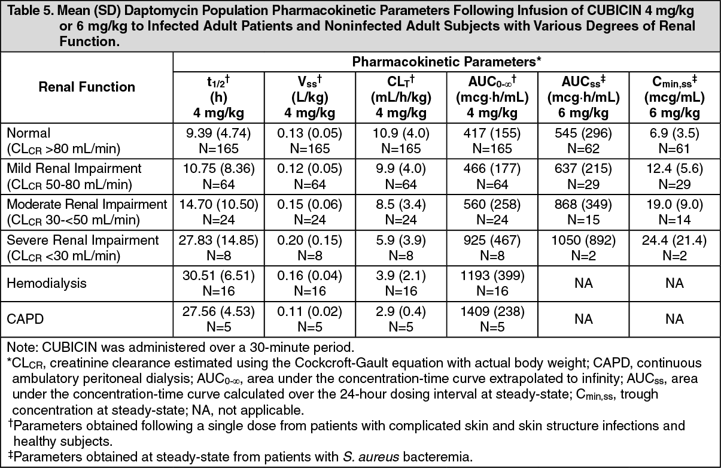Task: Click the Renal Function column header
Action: click(x=87, y=87)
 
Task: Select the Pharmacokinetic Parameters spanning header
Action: click(x=446, y=62)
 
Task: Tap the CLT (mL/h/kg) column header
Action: click(x=401, y=97)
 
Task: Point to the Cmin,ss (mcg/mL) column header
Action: click(x=675, y=97)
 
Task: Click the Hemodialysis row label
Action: click(x=47, y=283)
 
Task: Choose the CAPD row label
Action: click(x=25, y=319)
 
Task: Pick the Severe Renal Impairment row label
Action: click(x=83, y=248)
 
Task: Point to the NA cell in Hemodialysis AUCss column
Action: click(x=583, y=283)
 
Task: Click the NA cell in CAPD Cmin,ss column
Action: click(x=675, y=319)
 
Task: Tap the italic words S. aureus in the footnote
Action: click(x=371, y=457)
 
